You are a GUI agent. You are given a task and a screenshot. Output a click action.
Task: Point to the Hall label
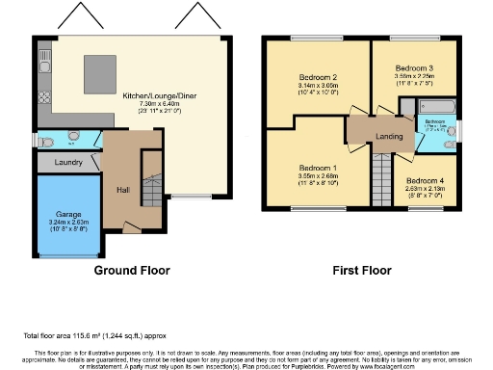pos(123,190)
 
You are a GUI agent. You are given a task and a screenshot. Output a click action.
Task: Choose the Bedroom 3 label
pos(418,67)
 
